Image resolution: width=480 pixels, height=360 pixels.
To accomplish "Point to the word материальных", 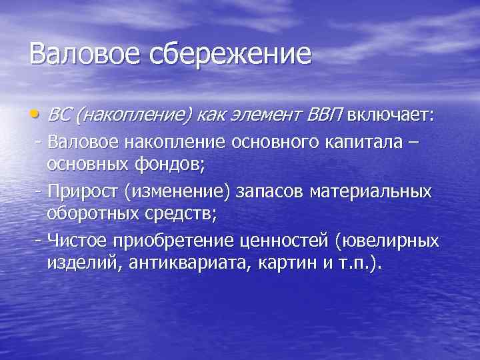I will [378, 191].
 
